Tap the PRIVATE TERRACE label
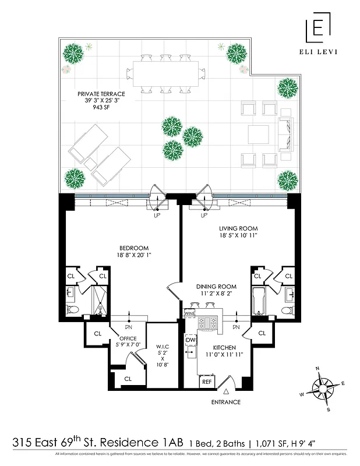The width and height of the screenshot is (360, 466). [x=100, y=93]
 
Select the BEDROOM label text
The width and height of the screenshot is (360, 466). [x=134, y=248]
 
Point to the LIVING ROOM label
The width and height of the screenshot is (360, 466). [x=238, y=228]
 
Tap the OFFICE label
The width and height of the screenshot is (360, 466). [x=128, y=338]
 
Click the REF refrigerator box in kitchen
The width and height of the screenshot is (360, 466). [x=206, y=382]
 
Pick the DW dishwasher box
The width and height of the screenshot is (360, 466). [x=190, y=340]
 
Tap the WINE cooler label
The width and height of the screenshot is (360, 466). [x=189, y=313]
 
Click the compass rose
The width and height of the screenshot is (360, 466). [x=324, y=388]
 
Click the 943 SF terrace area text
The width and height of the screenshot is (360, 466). [x=101, y=108]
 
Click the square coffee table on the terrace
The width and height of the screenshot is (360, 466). [x=259, y=135]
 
